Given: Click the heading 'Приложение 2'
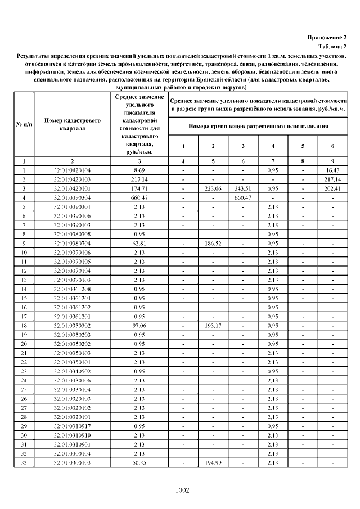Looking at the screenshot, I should click(326, 37).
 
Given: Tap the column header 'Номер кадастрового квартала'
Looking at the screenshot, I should click(72, 124).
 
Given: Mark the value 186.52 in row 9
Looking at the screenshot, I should click(213, 243).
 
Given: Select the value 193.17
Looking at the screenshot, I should click(213, 326).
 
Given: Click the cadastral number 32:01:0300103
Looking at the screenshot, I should click(72, 463).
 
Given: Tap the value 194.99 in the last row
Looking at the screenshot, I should click(213, 463).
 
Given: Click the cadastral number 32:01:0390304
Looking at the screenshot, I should click(72, 197).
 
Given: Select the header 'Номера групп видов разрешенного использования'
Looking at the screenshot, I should click(258, 127).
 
